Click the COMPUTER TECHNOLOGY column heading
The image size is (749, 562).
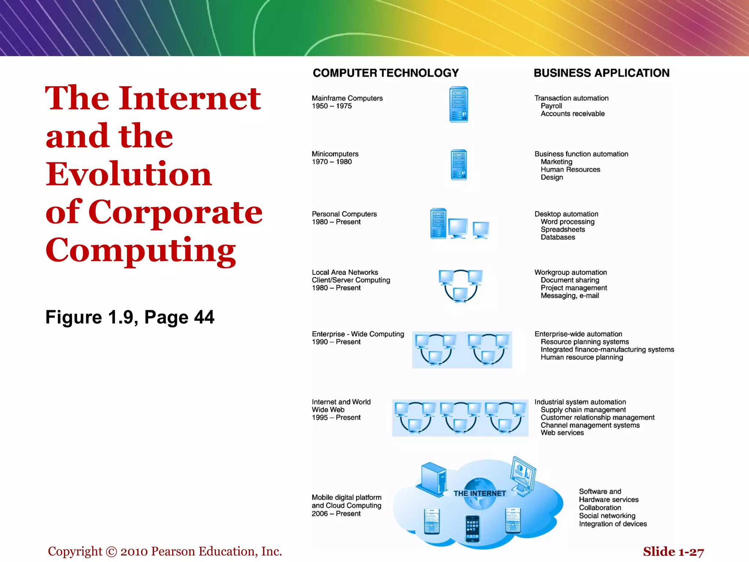[385, 73]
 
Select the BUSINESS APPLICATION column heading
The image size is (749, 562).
[601, 73]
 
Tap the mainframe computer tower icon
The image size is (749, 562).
[459, 104]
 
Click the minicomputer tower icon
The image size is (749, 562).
[459, 165]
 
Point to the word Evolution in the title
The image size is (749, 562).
[129, 174]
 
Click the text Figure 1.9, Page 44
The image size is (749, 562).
[130, 317]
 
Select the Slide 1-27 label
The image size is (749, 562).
[673, 551]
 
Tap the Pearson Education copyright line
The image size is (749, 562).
[165, 551]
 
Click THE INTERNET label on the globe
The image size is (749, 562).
[479, 493]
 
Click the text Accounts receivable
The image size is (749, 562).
[572, 114]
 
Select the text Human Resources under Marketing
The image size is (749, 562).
[570, 169]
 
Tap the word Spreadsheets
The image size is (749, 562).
[562, 229]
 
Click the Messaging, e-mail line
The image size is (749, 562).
[569, 296]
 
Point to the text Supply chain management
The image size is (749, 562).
[583, 410]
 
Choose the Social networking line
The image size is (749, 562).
[607, 516]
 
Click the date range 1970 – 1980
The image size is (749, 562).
[332, 162]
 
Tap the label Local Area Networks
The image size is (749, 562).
[345, 272]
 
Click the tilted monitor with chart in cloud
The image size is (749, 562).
[523, 475]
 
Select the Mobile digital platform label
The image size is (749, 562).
[346, 497]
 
